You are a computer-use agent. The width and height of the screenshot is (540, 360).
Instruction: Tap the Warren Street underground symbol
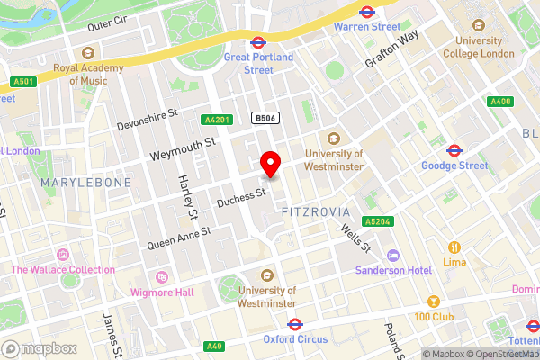pos(366,13)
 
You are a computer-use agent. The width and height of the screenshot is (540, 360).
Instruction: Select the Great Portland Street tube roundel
pos(256,41)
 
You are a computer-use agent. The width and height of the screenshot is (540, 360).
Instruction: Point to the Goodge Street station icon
pos(455,150)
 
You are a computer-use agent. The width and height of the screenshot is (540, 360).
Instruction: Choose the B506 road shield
pos(264,118)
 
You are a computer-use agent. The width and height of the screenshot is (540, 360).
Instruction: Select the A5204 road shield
pos(378,220)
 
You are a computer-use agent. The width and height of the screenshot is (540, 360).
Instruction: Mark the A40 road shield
pos(214,346)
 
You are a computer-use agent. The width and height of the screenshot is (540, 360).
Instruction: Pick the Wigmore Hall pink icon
pos(162,277)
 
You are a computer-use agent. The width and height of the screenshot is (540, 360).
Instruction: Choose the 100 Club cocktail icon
pos(433,301)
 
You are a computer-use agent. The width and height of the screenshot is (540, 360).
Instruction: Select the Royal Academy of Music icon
pos(87,51)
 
